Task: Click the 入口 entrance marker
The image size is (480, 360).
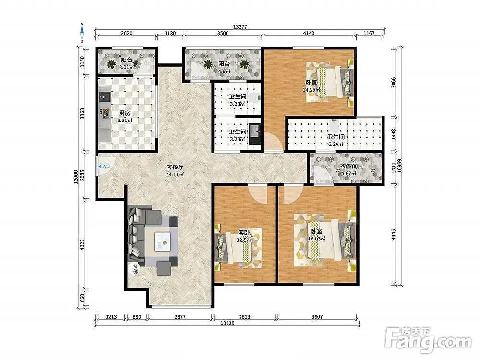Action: tap(104, 166)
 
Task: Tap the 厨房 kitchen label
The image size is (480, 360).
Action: tap(125, 113)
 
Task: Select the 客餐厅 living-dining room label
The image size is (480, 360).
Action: tap(175, 167)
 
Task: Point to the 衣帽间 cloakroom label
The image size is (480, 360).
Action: tap(349, 166)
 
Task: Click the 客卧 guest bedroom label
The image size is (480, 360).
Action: tap(244, 233)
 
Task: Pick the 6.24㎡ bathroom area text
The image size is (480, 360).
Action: tap(336, 144)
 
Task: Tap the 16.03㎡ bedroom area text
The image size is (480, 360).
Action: tap(316, 239)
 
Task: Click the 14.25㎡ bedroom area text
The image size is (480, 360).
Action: tap(312, 90)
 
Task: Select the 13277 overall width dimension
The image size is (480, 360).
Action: tap(240, 27)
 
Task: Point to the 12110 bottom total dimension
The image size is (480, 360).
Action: tap(227, 323)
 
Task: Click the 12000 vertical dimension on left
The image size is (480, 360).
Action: tap(75, 177)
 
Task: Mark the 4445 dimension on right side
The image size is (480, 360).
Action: tap(394, 235)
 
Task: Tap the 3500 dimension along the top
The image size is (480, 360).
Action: tap(223, 34)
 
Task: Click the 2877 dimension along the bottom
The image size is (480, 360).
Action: tap(180, 317)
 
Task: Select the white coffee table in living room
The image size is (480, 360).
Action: tap(162, 241)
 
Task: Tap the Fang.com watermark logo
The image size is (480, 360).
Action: tap(428, 340)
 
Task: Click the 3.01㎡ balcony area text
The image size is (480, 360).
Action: tap(126, 67)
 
